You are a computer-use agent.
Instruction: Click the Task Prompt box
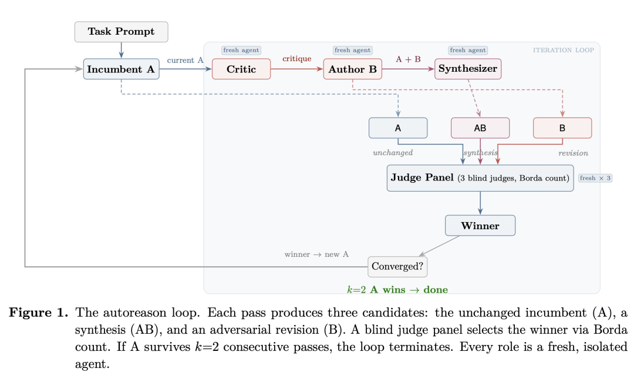click(x=121, y=32)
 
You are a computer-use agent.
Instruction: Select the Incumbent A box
click(x=121, y=69)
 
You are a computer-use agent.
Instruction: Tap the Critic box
click(x=241, y=69)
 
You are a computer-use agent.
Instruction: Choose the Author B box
click(x=352, y=69)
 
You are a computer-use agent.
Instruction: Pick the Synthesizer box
click(x=468, y=69)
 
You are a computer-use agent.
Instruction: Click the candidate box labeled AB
click(x=480, y=128)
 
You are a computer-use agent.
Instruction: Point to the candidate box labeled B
click(x=562, y=128)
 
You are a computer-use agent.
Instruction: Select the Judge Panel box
click(x=480, y=178)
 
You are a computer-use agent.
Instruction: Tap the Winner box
click(x=480, y=226)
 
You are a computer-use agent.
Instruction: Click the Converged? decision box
click(x=397, y=266)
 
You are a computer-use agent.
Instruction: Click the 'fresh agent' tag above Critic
click(x=241, y=51)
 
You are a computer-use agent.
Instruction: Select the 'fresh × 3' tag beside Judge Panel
click(x=595, y=178)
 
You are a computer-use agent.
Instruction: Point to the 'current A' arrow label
click(x=185, y=60)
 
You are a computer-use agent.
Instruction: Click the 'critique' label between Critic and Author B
click(x=296, y=59)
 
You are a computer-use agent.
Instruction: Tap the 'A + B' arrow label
click(x=408, y=59)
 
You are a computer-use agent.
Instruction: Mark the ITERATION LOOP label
click(x=563, y=50)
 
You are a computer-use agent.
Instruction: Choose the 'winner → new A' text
click(x=316, y=255)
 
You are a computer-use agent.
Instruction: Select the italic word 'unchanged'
click(x=393, y=153)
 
